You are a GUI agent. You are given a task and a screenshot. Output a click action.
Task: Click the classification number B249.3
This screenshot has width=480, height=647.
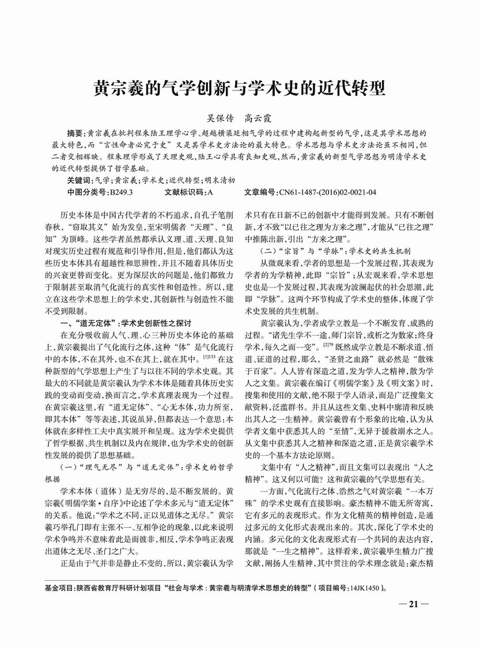(121, 191)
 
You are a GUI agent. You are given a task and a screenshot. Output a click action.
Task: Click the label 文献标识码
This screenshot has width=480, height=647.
(184, 191)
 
